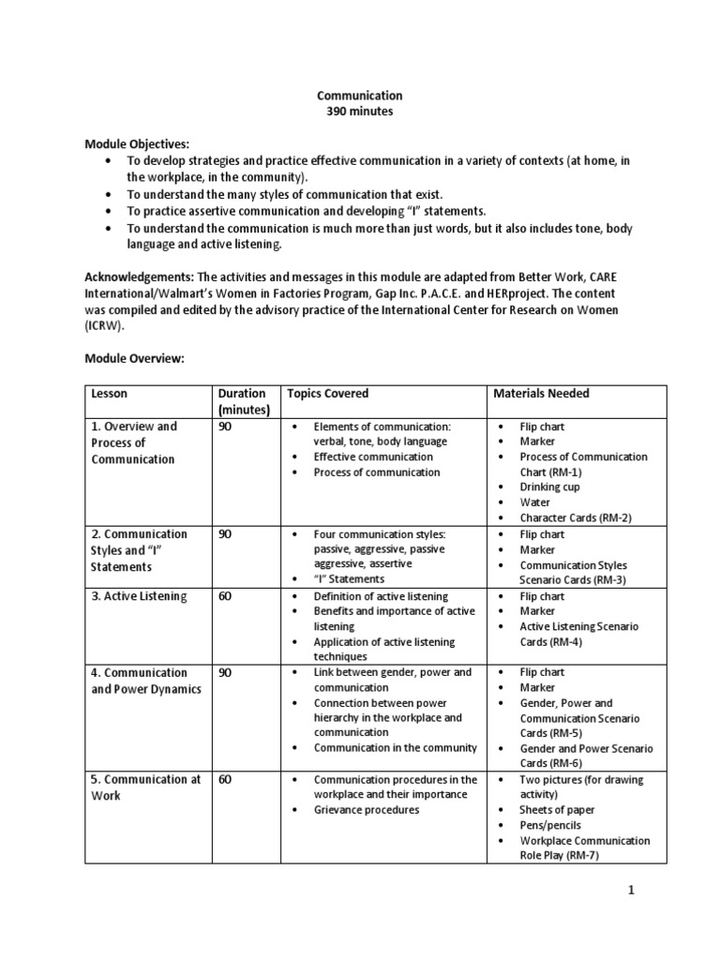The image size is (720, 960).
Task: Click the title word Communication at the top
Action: [360, 96]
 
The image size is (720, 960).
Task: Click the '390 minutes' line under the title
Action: [360, 112]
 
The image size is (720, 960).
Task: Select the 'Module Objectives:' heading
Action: [138, 143]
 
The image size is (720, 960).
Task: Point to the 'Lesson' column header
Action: [109, 394]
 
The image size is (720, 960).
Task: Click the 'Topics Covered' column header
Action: [328, 394]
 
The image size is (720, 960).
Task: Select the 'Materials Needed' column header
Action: [542, 394]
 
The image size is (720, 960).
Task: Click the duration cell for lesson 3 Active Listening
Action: [225, 596]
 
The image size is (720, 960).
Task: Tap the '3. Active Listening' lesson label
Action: [139, 596]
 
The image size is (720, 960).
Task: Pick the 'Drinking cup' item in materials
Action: [551, 487]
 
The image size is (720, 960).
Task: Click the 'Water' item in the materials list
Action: [535, 502]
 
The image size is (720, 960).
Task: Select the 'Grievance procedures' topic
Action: [367, 810]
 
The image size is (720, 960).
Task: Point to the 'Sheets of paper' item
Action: [558, 810]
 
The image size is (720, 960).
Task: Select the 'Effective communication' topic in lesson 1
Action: [373, 457]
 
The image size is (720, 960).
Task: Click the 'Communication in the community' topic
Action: [395, 748]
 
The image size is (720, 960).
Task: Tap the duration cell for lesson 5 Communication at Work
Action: [225, 780]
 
